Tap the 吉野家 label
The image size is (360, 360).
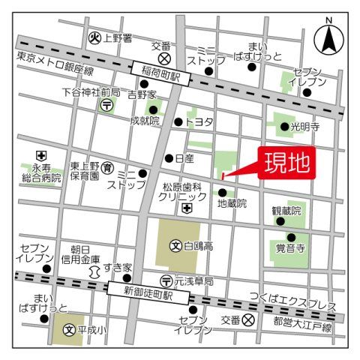click(142, 95)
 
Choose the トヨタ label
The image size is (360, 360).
click(199, 121)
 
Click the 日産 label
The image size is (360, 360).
click(184, 158)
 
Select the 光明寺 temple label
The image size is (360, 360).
click(305, 127)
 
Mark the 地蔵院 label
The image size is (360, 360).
click(232, 203)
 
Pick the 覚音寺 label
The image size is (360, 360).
click(289, 247)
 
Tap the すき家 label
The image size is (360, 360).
click(118, 268)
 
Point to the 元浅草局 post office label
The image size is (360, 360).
click(193, 282)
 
